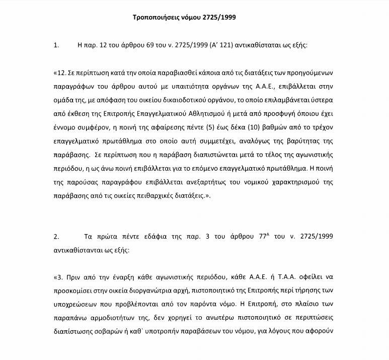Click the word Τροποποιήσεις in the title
point(157,18)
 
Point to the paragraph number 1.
point(56,45)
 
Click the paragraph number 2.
point(56,236)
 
